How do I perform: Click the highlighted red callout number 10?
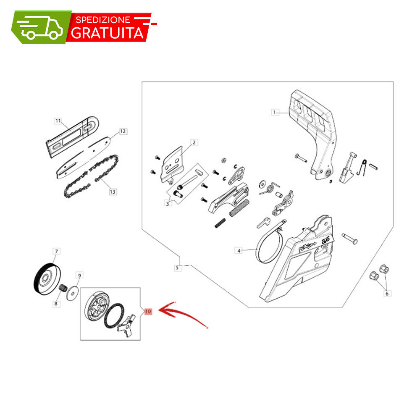pyautogui.click(x=148, y=311)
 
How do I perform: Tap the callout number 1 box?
pyautogui.click(x=274, y=112)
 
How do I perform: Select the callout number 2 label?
pyautogui.click(x=194, y=142)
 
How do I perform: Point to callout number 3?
pyautogui.click(x=168, y=204)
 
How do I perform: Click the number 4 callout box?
pyautogui.click(x=239, y=251)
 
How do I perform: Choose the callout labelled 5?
pyautogui.click(x=177, y=268)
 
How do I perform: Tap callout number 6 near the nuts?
pyautogui.click(x=387, y=294)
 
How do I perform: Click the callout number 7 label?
pyautogui.click(x=56, y=251)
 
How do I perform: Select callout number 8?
pyautogui.click(x=56, y=304)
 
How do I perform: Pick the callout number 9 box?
pyautogui.click(x=79, y=275)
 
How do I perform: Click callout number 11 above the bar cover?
pyautogui.click(x=58, y=121)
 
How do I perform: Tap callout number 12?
pyautogui.click(x=123, y=131)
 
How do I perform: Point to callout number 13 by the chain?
pyautogui.click(x=113, y=192)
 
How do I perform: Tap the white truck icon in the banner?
pyautogui.click(x=40, y=27)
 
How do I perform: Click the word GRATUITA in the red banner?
pyautogui.click(x=108, y=33)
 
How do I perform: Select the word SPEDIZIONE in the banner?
pyautogui.click(x=103, y=20)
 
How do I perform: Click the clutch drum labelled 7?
pyautogui.click(x=47, y=278)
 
